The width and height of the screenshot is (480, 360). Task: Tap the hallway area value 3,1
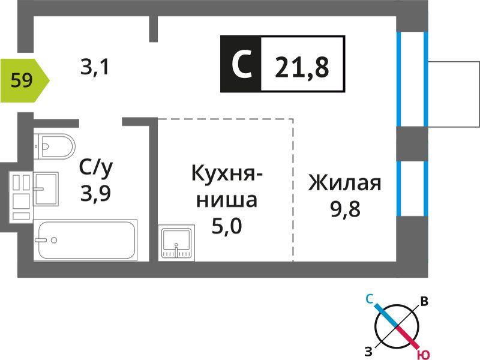95,67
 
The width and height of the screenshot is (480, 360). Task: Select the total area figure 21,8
302,67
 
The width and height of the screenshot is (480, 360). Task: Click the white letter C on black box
242,64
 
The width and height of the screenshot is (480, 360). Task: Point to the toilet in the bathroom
54,146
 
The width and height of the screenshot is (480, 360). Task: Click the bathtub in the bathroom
85,241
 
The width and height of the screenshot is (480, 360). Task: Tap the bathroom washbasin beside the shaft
46,189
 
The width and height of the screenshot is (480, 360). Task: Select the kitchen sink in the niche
176,243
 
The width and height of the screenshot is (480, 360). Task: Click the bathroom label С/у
96,169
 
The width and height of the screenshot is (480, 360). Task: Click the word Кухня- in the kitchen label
227,173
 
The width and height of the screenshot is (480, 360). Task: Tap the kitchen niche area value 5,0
227,226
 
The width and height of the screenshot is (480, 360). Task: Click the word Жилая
345,182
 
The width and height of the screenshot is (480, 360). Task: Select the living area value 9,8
346,209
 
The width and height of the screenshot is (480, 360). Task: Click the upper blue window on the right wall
412,79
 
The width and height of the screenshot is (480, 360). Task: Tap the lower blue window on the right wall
412,188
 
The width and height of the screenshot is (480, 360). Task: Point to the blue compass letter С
370,299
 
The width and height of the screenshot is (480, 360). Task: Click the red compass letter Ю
423,355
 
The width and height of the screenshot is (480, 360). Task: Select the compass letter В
424,302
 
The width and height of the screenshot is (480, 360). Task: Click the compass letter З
368,352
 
